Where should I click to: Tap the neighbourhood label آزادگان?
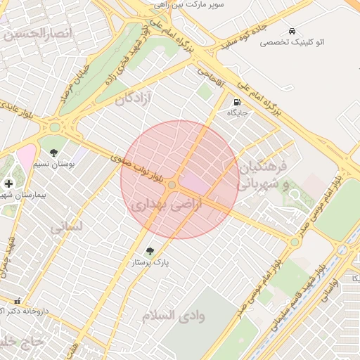click(x=134, y=98)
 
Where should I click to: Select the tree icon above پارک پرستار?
click(x=149, y=251)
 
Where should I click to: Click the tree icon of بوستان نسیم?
click(x=54, y=152)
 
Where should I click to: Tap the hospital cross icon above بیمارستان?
click(x=8, y=184)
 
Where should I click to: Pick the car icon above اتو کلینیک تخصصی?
click(x=291, y=32)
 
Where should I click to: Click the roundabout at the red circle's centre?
click(x=172, y=184)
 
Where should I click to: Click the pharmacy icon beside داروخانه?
click(x=18, y=300)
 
